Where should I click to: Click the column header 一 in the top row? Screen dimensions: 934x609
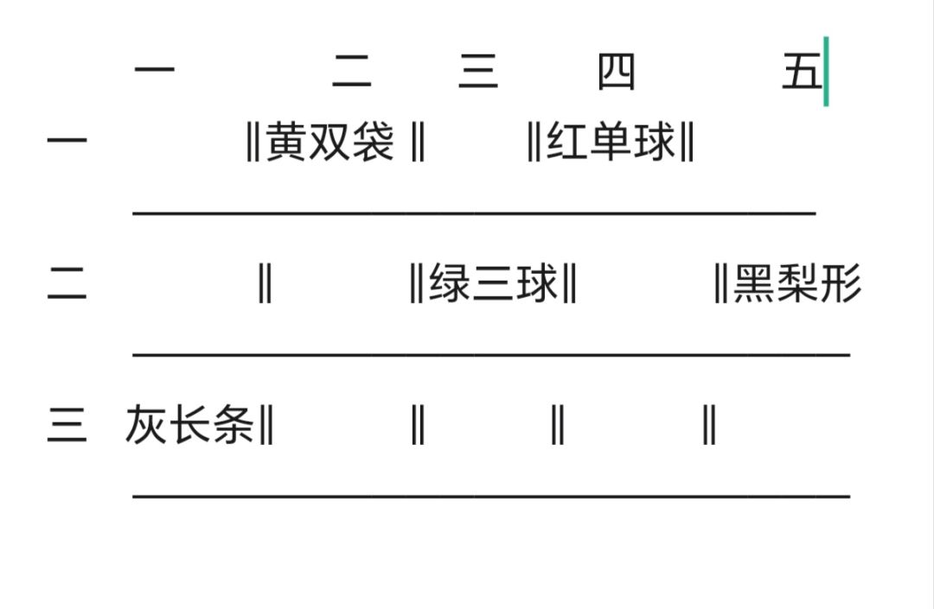[155, 70]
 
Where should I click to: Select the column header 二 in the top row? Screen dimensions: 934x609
[351, 71]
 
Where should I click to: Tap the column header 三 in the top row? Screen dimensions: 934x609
[478, 71]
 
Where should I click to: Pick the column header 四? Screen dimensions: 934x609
[617, 72]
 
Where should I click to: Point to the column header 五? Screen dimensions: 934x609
[802, 71]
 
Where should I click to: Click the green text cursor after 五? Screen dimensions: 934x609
[826, 72]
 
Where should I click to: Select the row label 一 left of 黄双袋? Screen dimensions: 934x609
[67, 141]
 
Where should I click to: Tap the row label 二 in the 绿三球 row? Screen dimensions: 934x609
[67, 282]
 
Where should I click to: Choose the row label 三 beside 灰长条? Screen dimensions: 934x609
[67, 424]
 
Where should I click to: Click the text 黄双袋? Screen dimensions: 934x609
[329, 142]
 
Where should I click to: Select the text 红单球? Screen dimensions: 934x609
[611, 142]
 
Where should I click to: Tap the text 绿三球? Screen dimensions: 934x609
[493, 283]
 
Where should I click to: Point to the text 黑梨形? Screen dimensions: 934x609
[798, 283]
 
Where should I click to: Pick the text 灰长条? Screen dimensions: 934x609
[190, 424]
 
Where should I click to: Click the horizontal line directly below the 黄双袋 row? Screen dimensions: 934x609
[474, 213]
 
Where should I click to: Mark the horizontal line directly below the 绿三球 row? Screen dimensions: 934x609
[491, 354]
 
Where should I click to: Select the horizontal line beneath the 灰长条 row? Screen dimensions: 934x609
[491, 496]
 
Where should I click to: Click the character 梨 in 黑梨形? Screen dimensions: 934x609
[798, 283]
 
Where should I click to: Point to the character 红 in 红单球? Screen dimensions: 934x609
[567, 142]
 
